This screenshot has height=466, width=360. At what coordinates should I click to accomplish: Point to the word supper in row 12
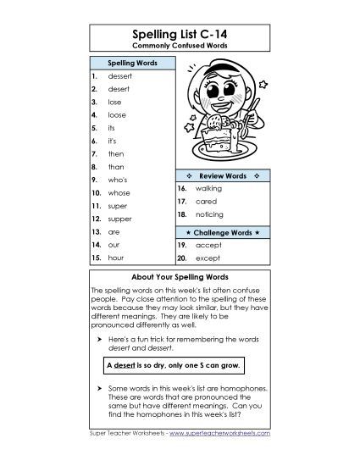click(x=119, y=219)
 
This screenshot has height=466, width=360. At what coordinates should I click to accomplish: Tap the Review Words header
click(x=222, y=175)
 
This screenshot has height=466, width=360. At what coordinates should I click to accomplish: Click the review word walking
click(x=208, y=187)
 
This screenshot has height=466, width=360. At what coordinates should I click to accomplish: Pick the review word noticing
click(x=208, y=216)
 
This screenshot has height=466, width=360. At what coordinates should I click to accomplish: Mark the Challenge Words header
click(x=222, y=231)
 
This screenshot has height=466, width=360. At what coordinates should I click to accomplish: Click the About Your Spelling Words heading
click(x=180, y=277)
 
